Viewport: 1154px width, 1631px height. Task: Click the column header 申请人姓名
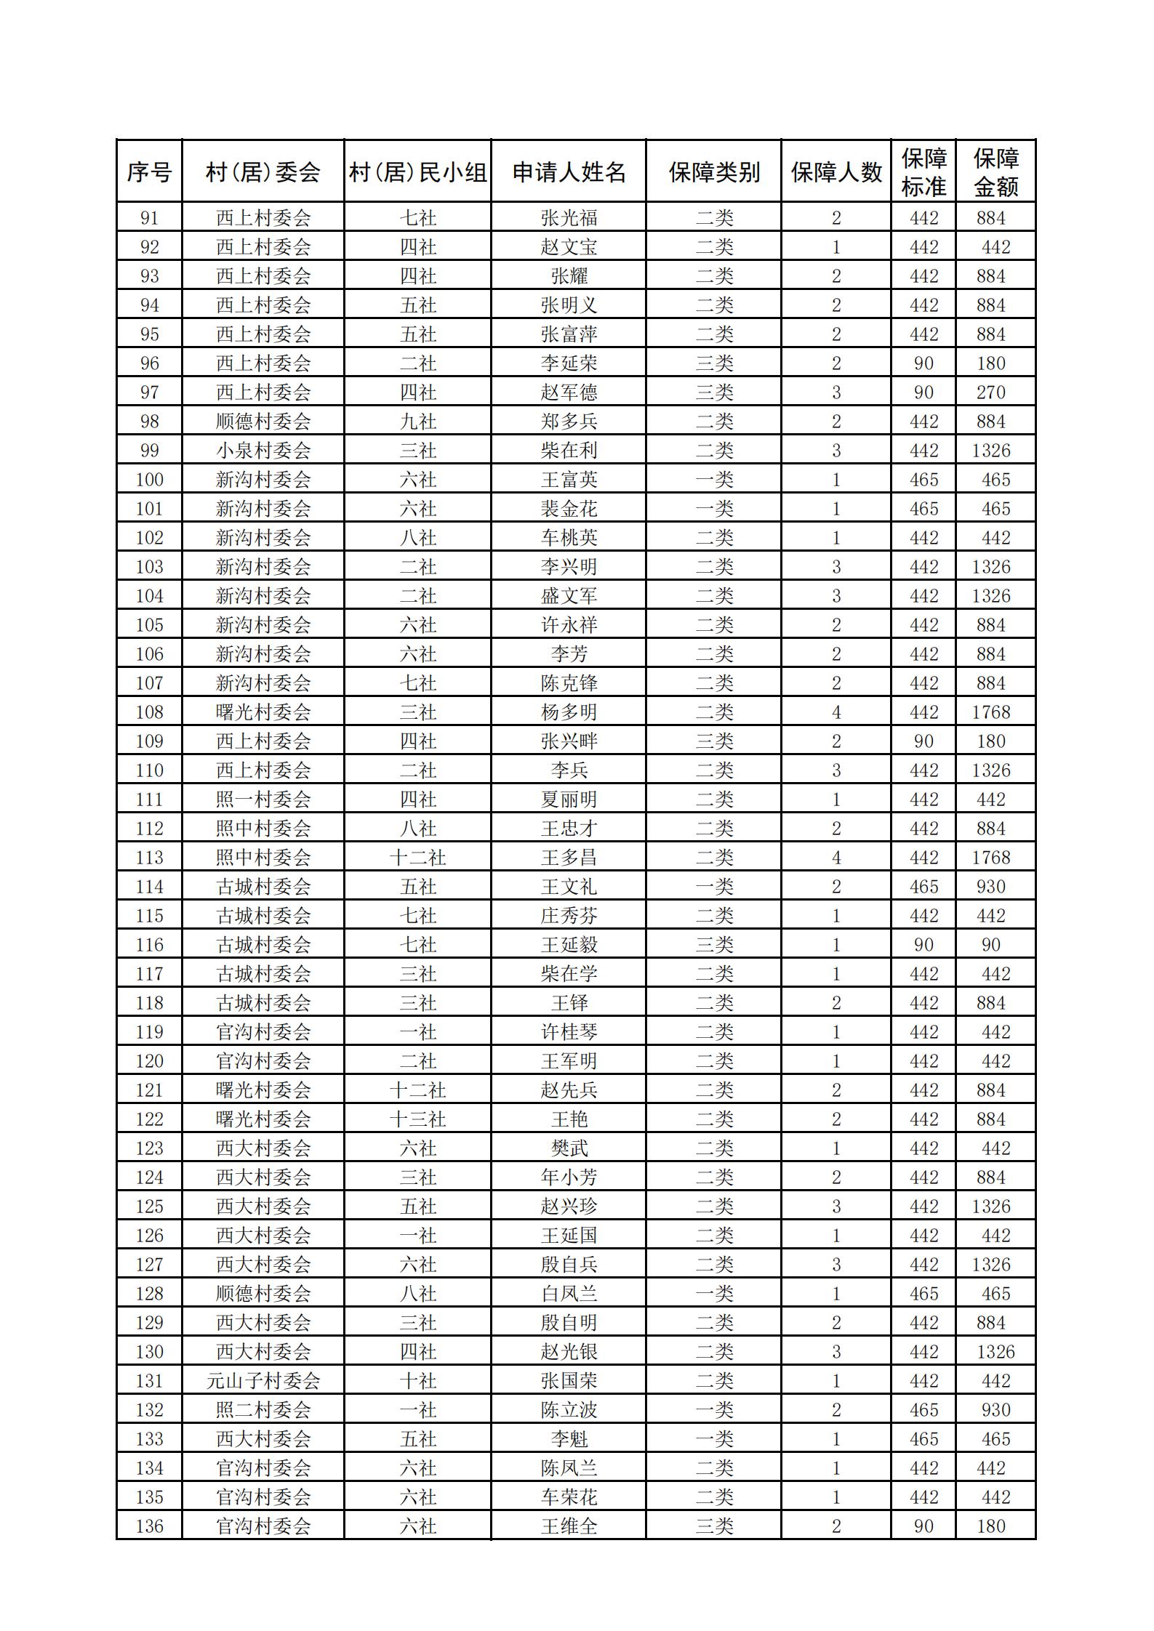click(x=569, y=172)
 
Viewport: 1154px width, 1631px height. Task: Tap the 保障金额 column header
click(x=995, y=172)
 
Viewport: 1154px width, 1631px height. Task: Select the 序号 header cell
click(x=149, y=172)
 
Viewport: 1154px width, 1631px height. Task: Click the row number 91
click(x=149, y=218)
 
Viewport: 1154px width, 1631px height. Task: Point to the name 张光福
click(x=569, y=218)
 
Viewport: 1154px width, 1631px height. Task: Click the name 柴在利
click(x=569, y=451)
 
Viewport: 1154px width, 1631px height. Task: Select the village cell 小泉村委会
click(x=263, y=451)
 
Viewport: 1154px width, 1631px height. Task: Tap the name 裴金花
click(x=569, y=509)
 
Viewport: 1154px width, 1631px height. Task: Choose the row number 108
click(x=149, y=712)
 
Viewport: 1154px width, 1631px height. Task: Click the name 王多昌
click(x=569, y=858)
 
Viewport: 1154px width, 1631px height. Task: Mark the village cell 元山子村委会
click(x=263, y=1381)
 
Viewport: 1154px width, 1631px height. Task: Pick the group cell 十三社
click(x=417, y=1119)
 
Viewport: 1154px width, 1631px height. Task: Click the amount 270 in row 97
click(x=990, y=392)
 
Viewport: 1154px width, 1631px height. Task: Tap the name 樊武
click(x=569, y=1148)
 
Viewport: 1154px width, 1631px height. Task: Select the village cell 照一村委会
click(x=263, y=800)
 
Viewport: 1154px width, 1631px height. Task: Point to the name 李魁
click(x=569, y=1439)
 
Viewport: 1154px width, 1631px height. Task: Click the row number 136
click(x=149, y=1526)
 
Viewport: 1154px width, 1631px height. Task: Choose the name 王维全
click(x=569, y=1526)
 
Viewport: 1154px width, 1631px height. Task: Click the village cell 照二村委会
click(x=263, y=1410)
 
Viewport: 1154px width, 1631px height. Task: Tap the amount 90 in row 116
click(x=990, y=945)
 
